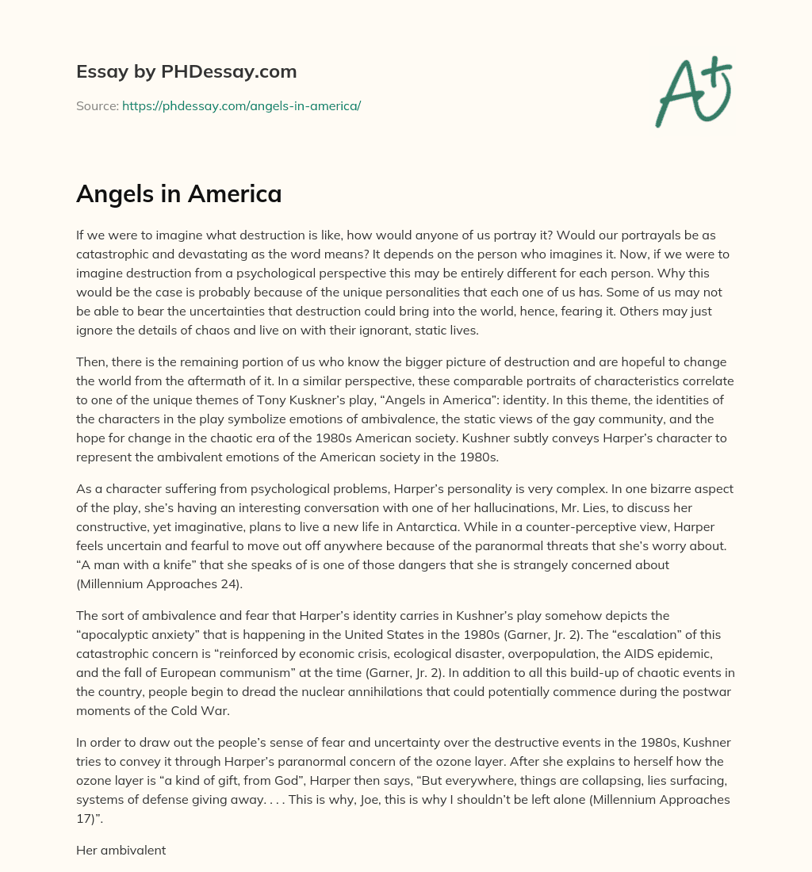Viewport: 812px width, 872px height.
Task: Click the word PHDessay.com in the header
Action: (x=243, y=72)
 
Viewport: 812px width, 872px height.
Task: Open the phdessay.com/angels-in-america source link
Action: (x=241, y=105)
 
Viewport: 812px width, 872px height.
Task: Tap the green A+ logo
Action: (x=691, y=90)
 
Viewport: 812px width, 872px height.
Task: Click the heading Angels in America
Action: (x=178, y=193)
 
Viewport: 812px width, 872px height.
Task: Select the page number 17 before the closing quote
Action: (x=83, y=818)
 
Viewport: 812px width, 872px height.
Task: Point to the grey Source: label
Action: (x=98, y=105)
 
